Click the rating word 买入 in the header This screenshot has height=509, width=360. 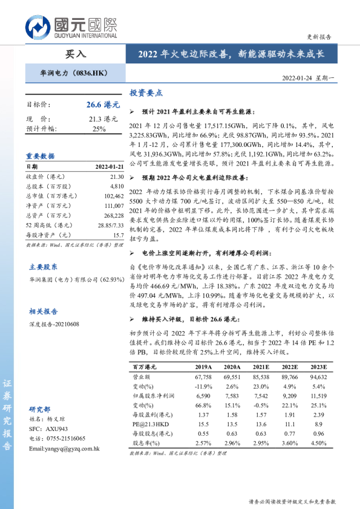coord(75,53)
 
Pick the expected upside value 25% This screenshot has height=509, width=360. coord(99,129)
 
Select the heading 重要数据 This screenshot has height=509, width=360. coord(41,155)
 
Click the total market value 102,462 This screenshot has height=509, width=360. coord(112,195)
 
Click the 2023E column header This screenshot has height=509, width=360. coord(317,367)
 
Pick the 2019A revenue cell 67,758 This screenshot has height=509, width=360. coord(203,376)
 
